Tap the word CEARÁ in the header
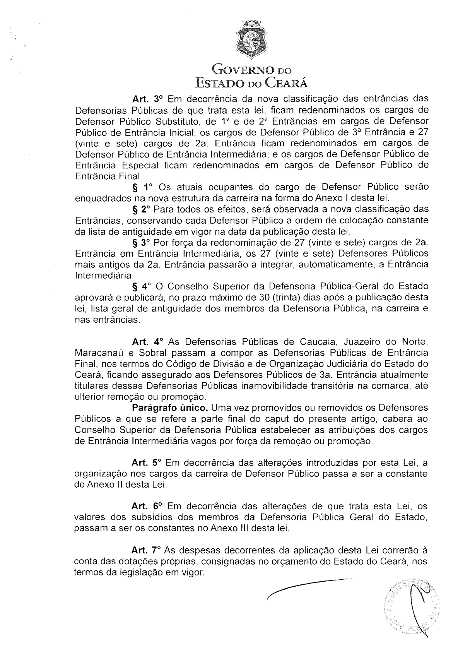(x=287, y=82)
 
